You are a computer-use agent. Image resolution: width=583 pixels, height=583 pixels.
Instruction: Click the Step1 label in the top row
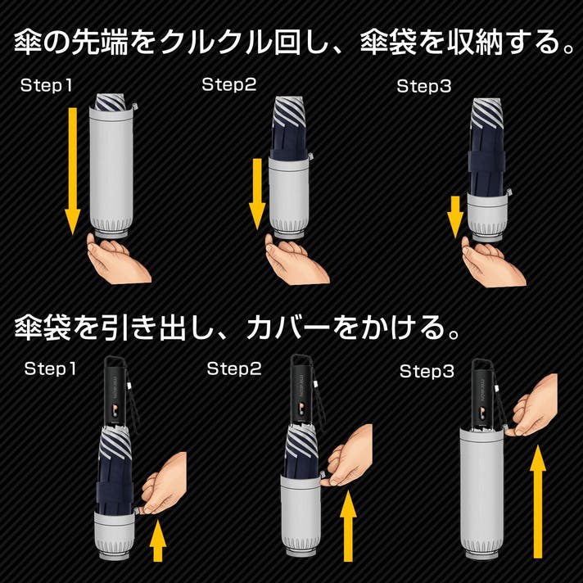tap(46, 85)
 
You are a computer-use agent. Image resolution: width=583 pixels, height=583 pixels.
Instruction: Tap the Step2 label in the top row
tap(229, 84)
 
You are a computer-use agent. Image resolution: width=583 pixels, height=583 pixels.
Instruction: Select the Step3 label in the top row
tap(424, 86)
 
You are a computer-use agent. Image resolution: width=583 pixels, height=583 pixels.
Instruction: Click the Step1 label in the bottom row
tap(50, 368)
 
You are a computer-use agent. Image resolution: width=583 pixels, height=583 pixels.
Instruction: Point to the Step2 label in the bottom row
tap(234, 368)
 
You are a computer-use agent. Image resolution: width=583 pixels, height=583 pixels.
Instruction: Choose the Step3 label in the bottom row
tap(427, 371)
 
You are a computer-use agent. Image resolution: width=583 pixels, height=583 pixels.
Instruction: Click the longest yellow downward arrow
tap(73, 171)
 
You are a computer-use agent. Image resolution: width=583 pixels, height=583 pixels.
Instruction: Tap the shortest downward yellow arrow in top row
tap(455, 217)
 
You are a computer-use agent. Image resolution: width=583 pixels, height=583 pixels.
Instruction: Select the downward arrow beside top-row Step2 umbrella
tap(257, 194)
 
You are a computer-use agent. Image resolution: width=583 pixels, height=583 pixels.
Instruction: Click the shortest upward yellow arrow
tap(158, 540)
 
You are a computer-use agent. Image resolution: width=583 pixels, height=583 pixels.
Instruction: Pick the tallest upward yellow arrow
tap(538, 502)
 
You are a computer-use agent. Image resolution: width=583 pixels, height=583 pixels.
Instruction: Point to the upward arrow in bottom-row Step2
tap(348, 526)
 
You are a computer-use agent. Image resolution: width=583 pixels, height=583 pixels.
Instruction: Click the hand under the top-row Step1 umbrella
tap(118, 259)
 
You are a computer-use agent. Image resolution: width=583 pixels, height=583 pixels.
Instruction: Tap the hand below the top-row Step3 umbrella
tap(493, 262)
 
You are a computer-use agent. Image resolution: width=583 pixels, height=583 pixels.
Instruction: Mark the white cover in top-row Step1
tap(111, 171)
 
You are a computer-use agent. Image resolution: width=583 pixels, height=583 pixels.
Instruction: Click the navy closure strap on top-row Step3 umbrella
tap(487, 162)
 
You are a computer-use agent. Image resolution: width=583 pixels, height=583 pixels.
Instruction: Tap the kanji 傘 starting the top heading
tap(28, 43)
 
